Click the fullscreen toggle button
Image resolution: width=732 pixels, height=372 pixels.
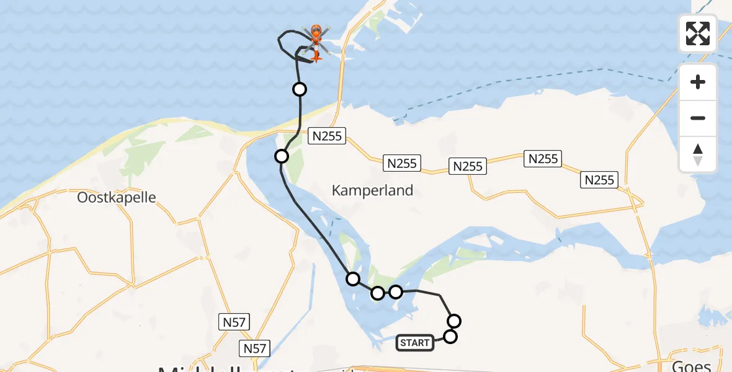(698, 33)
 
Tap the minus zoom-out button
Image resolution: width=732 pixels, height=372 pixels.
(698, 118)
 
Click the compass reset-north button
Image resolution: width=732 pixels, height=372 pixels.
(698, 154)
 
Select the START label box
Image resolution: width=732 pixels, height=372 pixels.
(415, 343)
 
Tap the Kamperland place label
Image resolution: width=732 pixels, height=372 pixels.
(372, 190)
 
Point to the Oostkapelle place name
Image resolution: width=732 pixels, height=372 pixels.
(117, 198)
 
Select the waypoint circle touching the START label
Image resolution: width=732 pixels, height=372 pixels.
(450, 337)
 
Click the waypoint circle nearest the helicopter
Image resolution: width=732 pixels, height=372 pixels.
(300, 89)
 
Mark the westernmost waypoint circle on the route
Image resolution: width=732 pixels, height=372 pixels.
(282, 156)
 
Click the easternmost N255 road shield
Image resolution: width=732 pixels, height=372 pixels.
(600, 180)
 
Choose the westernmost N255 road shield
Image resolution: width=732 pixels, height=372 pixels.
(327, 136)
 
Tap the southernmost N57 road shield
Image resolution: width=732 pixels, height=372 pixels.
(255, 348)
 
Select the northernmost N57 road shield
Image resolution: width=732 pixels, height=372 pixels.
(234, 322)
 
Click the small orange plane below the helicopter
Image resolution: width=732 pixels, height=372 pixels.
(316, 57)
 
